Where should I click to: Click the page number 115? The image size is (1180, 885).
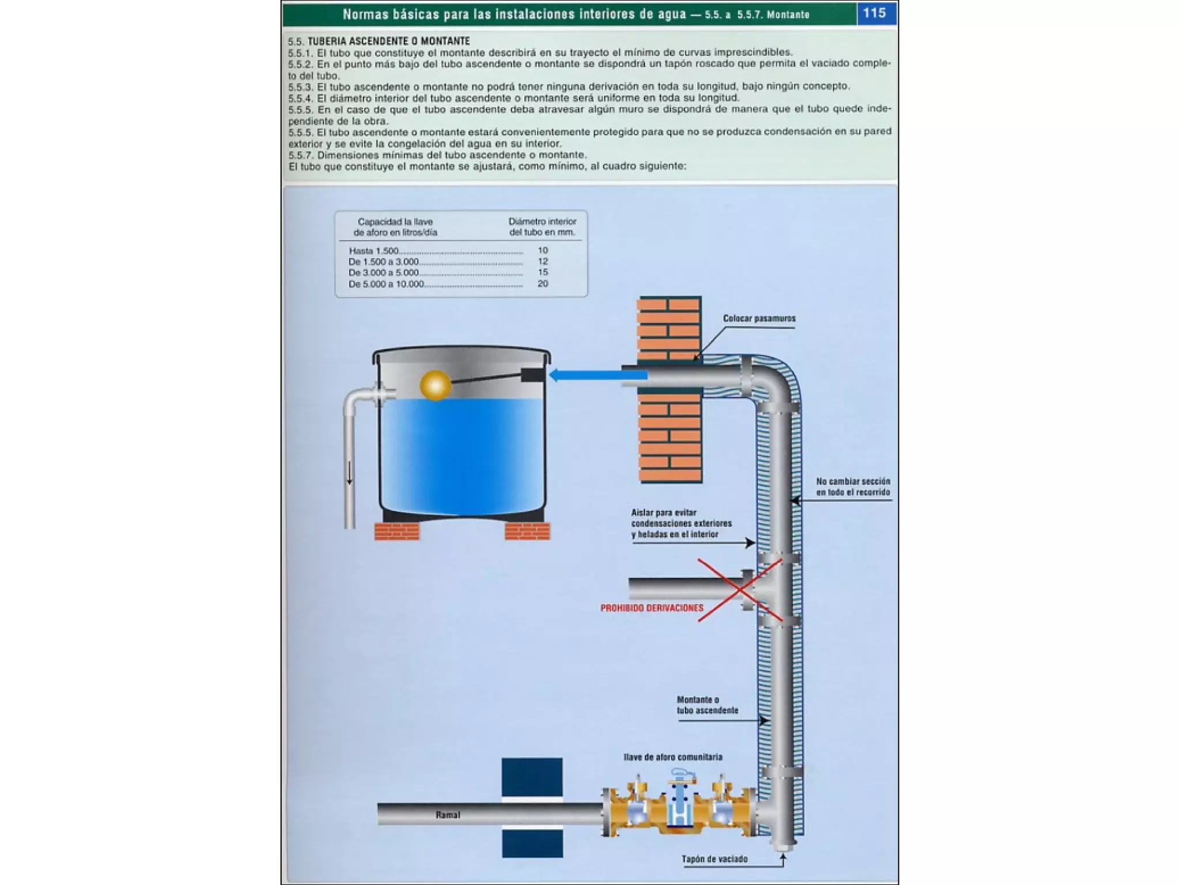point(874,13)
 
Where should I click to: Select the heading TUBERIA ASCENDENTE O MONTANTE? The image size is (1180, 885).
point(388,41)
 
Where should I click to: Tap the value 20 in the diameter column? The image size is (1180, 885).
point(542,283)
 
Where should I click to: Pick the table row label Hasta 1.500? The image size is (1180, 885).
point(373,251)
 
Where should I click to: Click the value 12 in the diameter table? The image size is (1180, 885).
point(542,261)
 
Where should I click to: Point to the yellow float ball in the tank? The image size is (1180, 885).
point(435,385)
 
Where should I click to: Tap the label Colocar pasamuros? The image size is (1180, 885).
point(759,319)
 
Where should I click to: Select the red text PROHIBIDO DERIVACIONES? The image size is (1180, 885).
point(652,608)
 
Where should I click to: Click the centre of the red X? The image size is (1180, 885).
point(740,590)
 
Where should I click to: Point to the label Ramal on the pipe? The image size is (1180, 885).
point(448,815)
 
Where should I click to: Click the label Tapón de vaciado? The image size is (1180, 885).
point(714,859)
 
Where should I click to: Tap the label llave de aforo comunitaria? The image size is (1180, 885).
point(672,757)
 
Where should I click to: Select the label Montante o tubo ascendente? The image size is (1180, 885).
point(707,705)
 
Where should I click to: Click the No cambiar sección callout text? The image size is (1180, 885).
point(853,487)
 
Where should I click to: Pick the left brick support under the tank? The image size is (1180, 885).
point(397,531)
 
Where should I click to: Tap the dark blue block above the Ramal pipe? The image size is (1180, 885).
point(532,777)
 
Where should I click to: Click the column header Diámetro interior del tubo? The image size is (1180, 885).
point(542,227)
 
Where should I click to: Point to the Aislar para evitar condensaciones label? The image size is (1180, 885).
point(681,523)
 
